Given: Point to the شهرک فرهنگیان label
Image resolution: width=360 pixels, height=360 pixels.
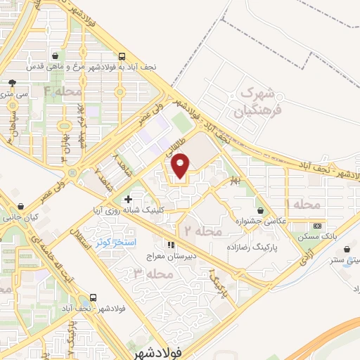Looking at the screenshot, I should pyautogui.click(x=254, y=100).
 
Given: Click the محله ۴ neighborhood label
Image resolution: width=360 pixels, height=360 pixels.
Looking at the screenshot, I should pyautogui.click(x=63, y=91).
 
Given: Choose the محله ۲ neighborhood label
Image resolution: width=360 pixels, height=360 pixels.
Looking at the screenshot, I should pyautogui.click(x=203, y=230).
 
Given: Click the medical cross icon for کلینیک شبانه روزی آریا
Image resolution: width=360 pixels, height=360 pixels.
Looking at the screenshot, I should pyautogui.click(x=127, y=200).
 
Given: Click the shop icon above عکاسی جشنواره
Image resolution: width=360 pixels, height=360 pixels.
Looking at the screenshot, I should pyautogui.click(x=262, y=210).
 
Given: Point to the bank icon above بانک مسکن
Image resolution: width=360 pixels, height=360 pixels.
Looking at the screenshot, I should pyautogui.click(x=318, y=226).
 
